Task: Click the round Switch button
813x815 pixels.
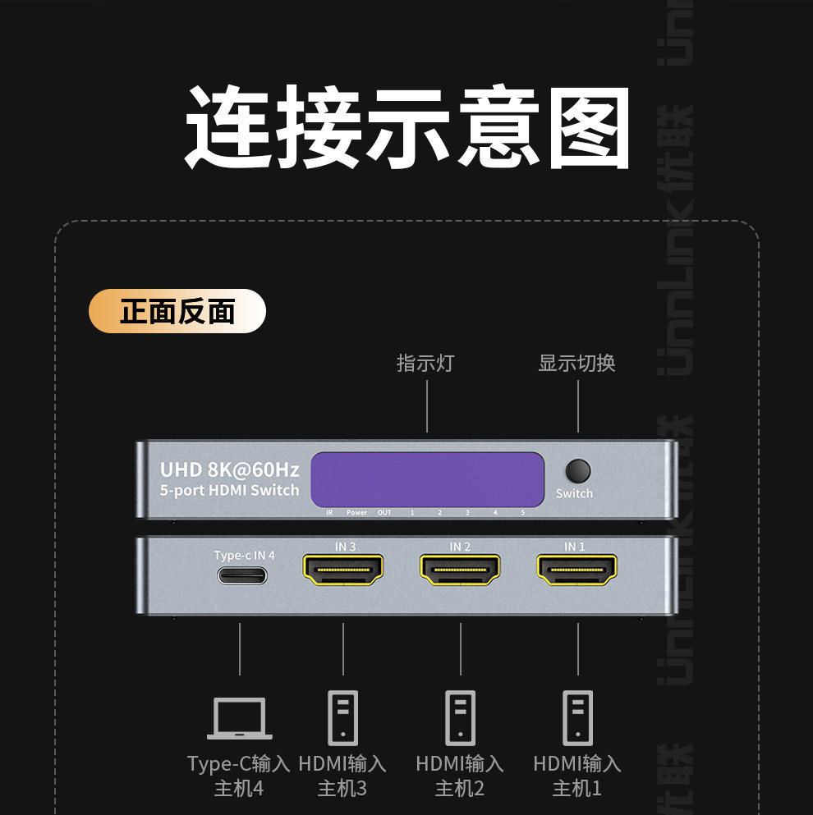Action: click(x=578, y=471)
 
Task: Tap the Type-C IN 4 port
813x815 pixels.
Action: click(x=242, y=575)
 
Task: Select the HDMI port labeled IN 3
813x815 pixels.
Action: click(x=343, y=570)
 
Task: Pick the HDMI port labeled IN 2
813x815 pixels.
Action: click(x=460, y=570)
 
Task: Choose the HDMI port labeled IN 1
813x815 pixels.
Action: click(x=577, y=570)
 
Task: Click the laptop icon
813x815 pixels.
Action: click(x=239, y=718)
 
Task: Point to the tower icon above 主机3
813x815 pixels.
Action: click(x=342, y=717)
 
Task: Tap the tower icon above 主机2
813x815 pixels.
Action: click(x=460, y=717)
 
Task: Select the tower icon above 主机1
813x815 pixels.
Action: click(x=577, y=717)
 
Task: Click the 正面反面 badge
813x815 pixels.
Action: click(x=177, y=311)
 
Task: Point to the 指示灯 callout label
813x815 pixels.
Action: click(x=425, y=363)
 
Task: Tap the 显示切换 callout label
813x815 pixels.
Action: click(x=576, y=363)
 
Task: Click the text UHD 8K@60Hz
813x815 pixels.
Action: click(x=229, y=469)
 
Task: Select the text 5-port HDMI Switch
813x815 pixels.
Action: click(x=229, y=491)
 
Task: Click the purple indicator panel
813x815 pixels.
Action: click(x=427, y=478)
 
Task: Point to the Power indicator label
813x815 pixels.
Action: click(x=356, y=513)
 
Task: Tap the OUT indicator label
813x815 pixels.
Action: click(x=384, y=513)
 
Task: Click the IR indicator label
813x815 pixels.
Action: click(x=328, y=513)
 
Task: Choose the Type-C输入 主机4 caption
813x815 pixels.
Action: click(x=239, y=776)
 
